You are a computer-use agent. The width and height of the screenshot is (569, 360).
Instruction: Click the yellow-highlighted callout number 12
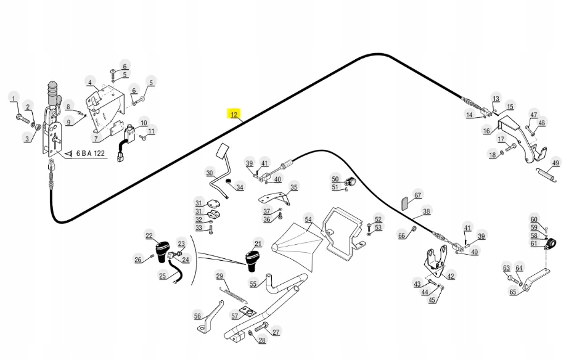point(234,115)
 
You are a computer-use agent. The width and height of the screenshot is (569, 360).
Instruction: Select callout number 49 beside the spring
point(556,163)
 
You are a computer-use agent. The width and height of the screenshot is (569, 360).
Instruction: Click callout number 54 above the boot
point(308,219)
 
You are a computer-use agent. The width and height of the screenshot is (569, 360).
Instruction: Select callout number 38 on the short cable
point(426,212)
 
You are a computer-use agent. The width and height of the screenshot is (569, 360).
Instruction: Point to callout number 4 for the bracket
point(89,83)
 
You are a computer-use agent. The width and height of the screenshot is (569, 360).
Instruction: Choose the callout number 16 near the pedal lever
point(486,131)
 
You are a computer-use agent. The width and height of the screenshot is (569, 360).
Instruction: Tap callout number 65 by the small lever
point(513,292)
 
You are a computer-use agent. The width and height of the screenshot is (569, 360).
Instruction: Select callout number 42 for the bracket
point(451,276)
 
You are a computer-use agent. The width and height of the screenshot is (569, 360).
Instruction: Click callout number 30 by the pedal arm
point(210,173)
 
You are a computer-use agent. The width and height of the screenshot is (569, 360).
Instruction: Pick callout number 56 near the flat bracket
point(197,316)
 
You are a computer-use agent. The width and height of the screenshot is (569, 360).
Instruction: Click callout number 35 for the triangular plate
point(294,187)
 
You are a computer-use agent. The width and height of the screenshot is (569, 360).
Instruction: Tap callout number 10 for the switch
point(143,122)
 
